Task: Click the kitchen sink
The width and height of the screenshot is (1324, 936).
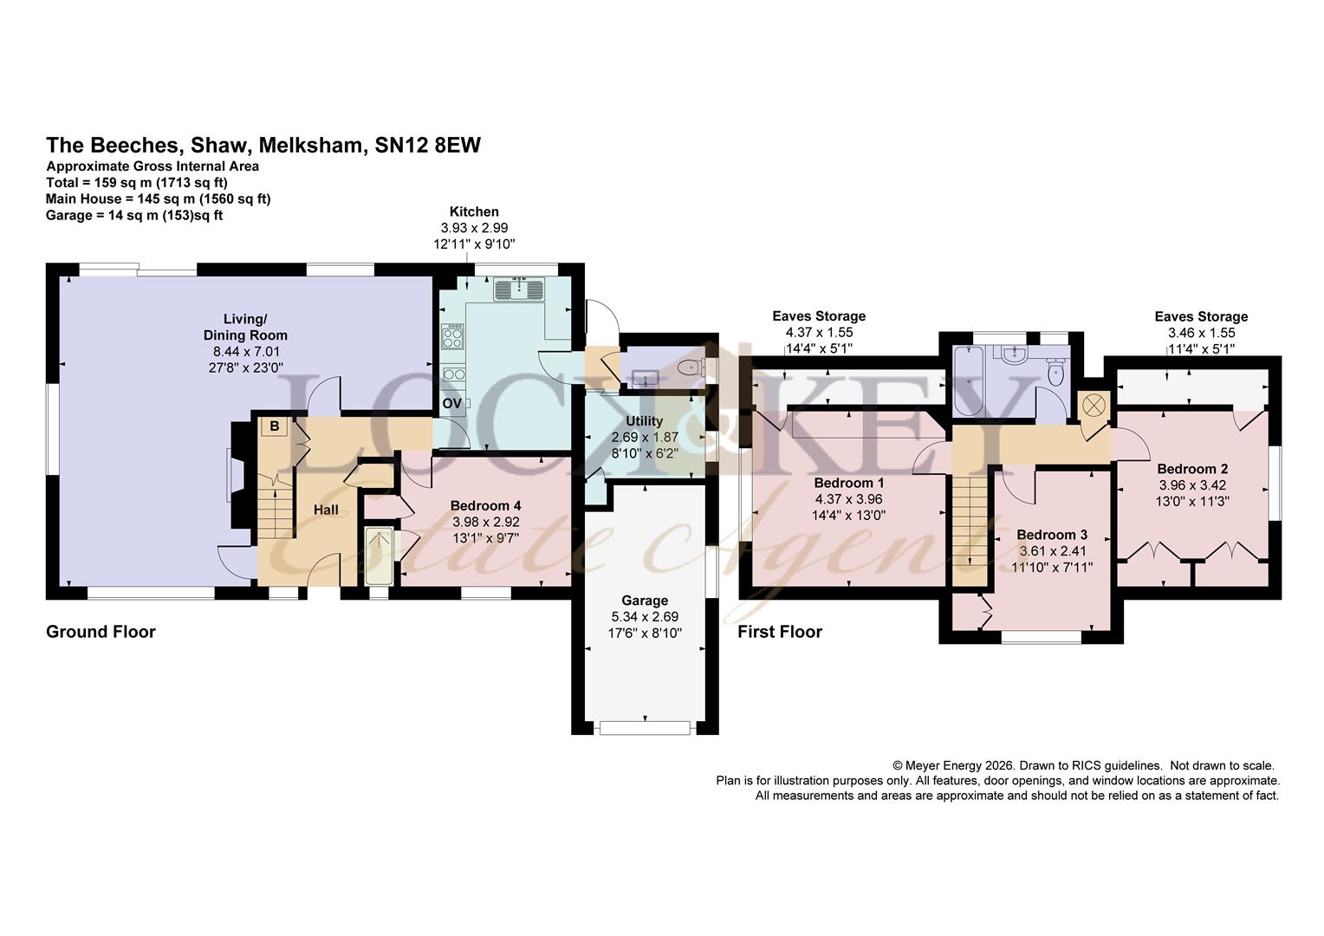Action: click(x=519, y=289)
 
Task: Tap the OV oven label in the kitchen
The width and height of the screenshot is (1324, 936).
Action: click(x=451, y=403)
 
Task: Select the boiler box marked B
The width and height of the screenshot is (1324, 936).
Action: click(x=275, y=426)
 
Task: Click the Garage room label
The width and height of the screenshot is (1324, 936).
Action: click(x=645, y=600)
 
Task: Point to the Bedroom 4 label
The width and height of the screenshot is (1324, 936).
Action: click(x=485, y=505)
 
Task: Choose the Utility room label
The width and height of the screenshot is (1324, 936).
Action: click(x=644, y=420)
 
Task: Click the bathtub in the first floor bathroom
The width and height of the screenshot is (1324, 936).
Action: click(x=968, y=381)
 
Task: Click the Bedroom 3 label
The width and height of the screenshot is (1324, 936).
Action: click(x=1052, y=535)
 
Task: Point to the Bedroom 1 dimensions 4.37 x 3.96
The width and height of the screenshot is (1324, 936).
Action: click(x=848, y=499)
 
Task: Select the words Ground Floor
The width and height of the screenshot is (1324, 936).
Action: click(x=101, y=632)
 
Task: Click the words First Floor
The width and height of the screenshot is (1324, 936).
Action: click(x=780, y=632)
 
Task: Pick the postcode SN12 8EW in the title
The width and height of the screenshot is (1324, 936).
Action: click(x=428, y=145)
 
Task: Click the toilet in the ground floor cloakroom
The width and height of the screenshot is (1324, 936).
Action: click(x=690, y=368)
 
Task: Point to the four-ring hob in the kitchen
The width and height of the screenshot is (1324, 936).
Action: click(x=453, y=336)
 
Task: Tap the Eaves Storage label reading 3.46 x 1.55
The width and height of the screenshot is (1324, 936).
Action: click(x=1201, y=332)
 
